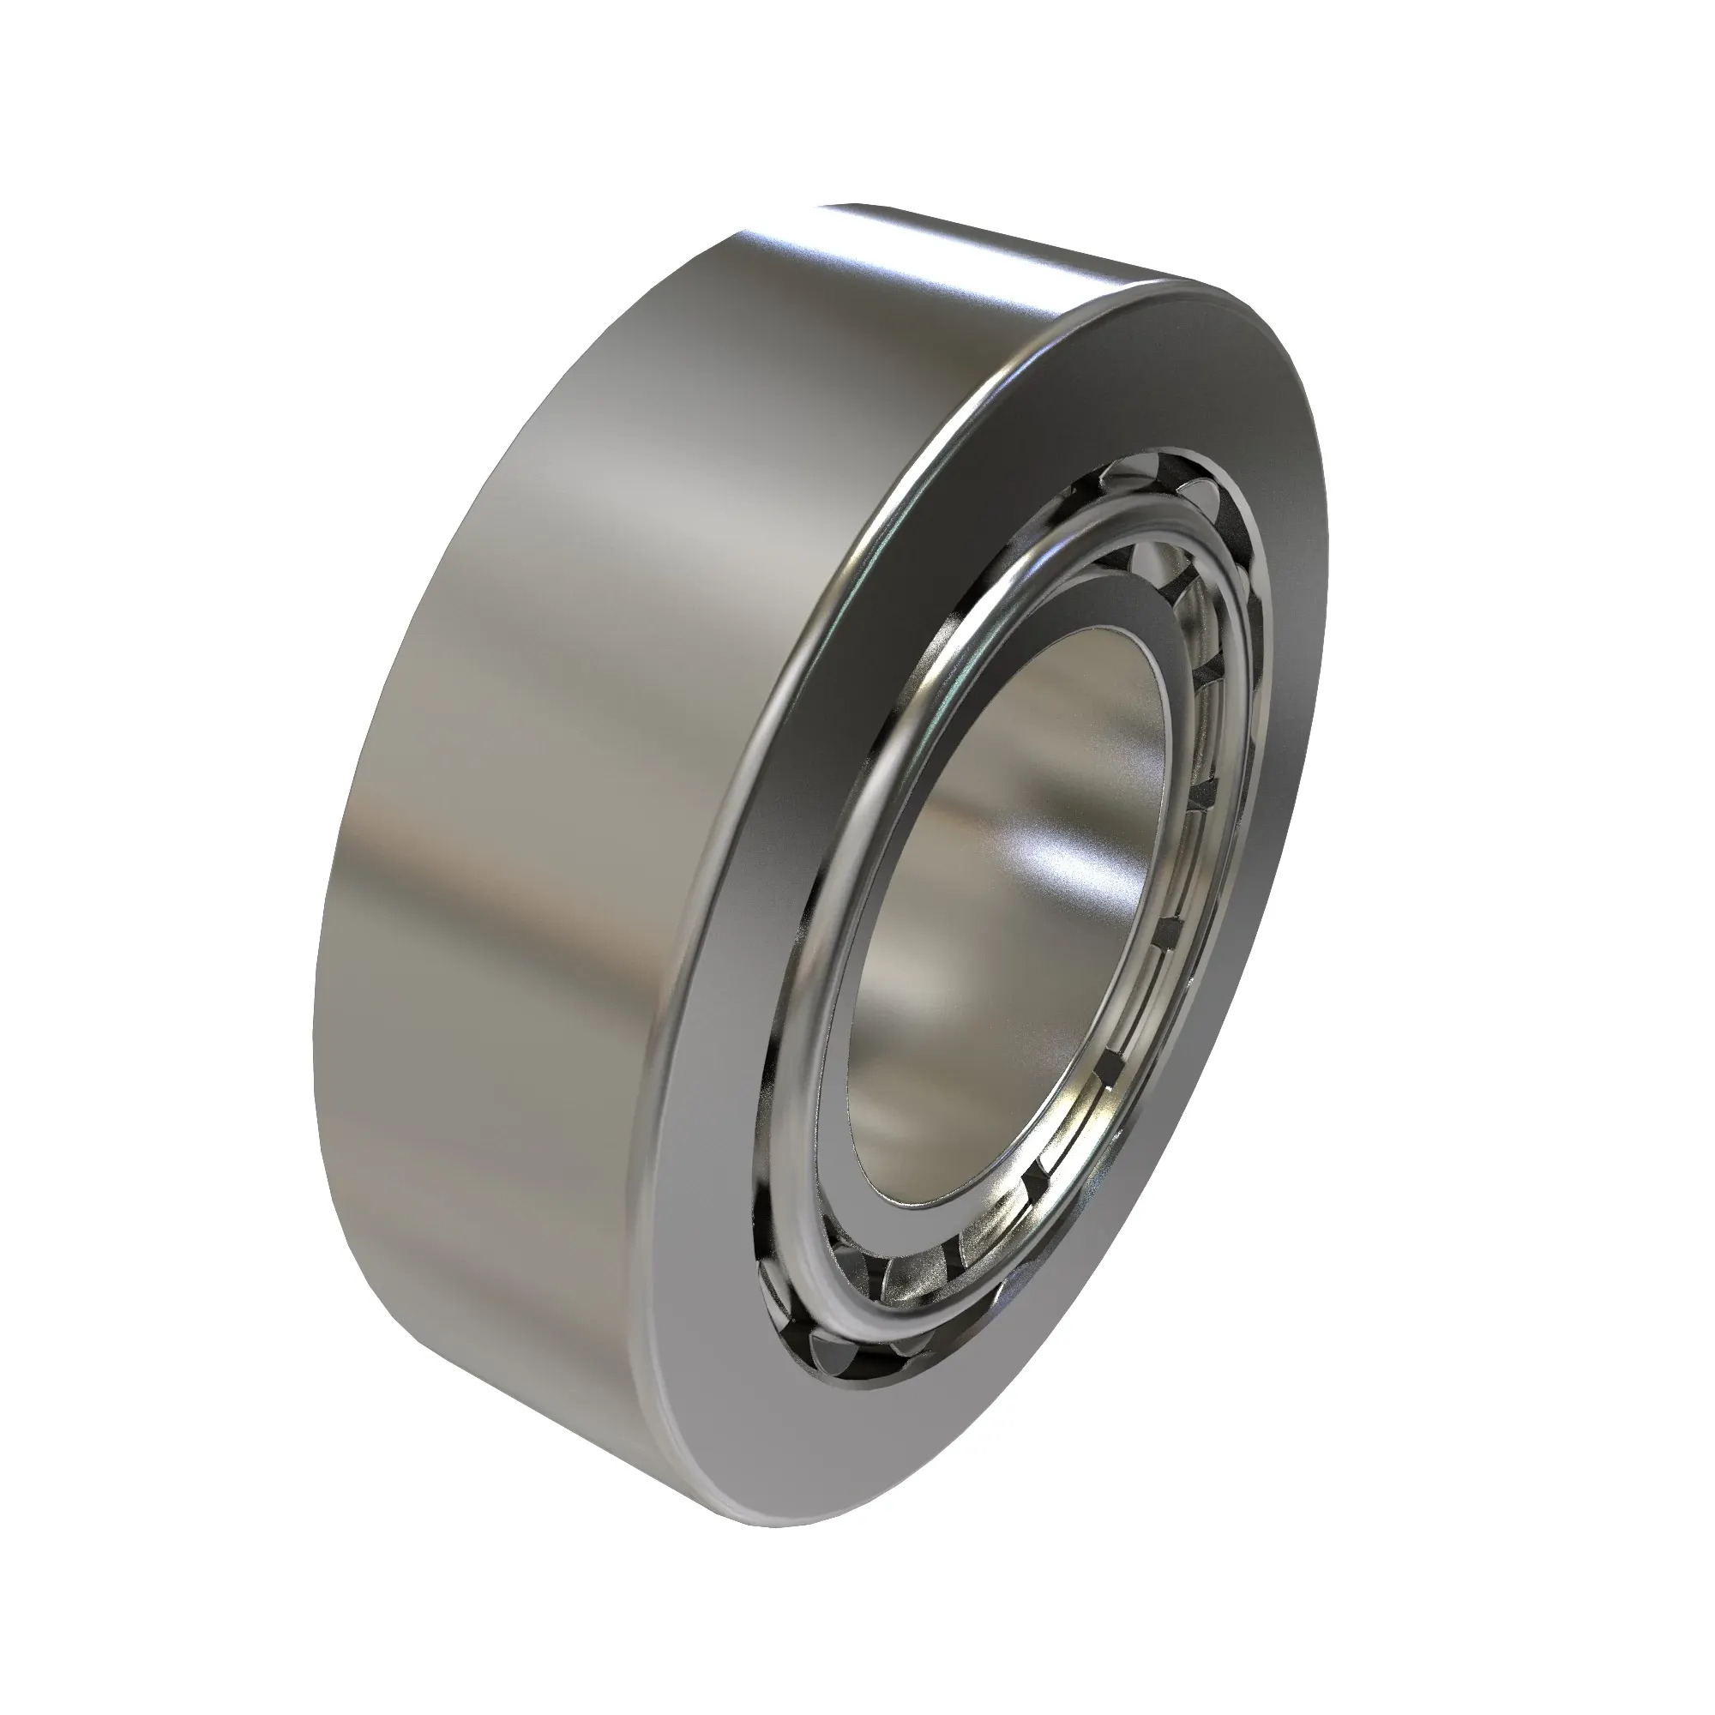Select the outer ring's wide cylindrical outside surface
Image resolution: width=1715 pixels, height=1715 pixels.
[551, 710]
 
